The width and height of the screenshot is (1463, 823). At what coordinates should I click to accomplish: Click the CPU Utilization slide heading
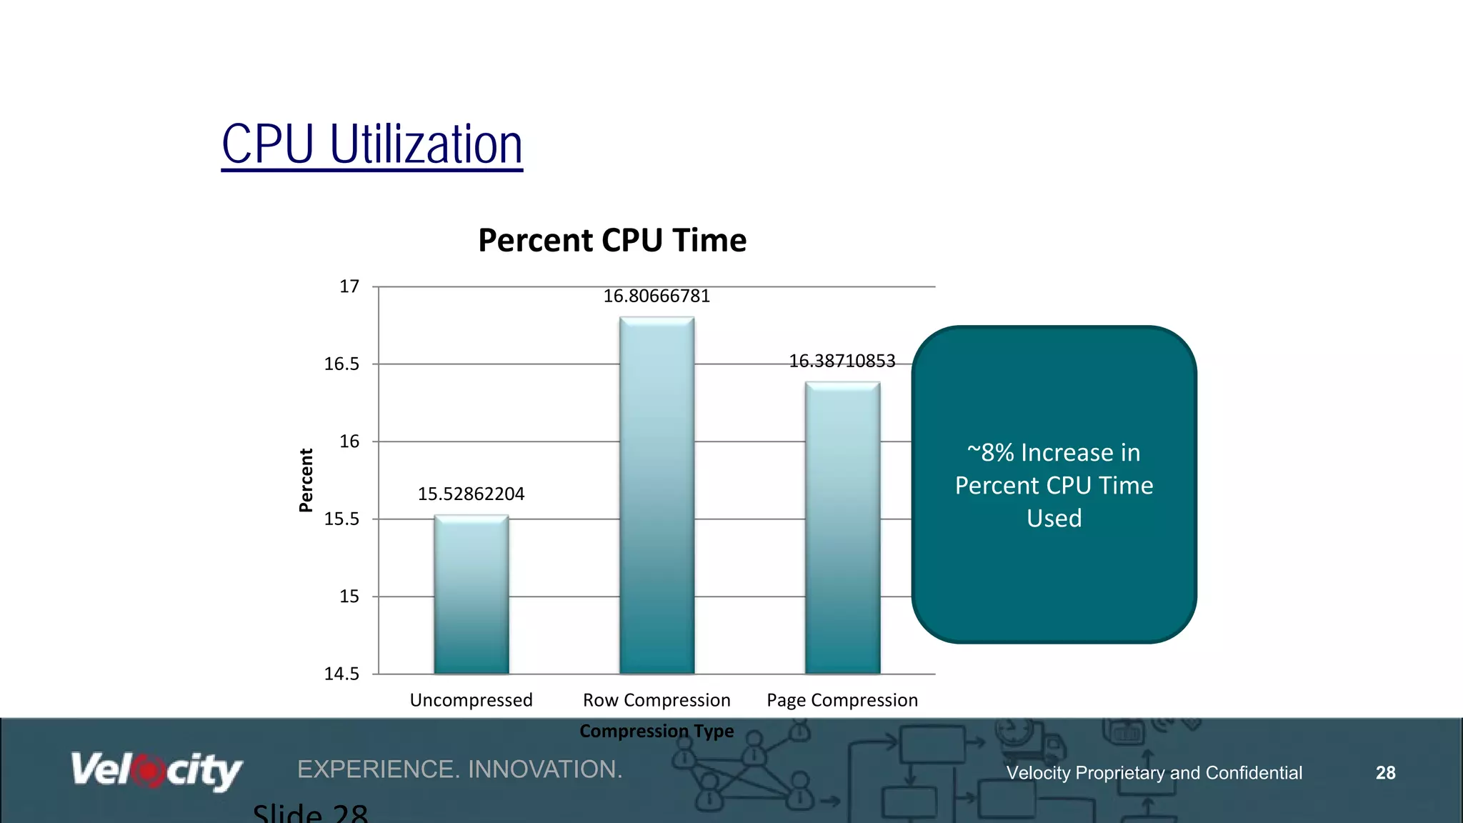click(371, 145)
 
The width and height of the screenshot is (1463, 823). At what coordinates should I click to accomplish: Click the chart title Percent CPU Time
click(612, 240)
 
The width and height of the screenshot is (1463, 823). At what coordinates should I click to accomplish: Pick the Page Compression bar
click(842, 528)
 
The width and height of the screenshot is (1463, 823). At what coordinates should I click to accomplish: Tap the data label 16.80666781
click(656, 296)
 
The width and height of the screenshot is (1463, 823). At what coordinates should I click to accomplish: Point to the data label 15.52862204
click(471, 494)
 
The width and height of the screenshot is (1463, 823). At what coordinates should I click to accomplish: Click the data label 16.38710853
click(842, 361)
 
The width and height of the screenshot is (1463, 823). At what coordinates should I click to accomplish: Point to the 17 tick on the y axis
click(349, 286)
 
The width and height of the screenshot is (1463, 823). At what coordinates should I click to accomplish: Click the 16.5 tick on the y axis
click(341, 364)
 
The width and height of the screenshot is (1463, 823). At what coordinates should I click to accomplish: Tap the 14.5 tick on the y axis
click(341, 674)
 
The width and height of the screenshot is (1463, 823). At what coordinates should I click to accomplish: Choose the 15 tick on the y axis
click(349, 597)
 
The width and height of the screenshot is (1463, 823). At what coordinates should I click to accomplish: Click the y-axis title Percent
click(306, 480)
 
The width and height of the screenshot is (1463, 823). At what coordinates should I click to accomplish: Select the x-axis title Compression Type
click(656, 731)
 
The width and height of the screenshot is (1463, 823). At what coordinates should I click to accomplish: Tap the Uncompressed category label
click(471, 700)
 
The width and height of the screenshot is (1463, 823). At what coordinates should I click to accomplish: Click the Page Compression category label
click(842, 700)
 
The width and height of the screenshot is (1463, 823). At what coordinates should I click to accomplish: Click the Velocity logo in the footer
click(156, 770)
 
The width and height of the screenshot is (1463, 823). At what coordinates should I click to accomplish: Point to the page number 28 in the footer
click(1385, 773)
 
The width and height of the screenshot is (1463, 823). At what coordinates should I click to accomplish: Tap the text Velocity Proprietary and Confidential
click(1154, 773)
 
